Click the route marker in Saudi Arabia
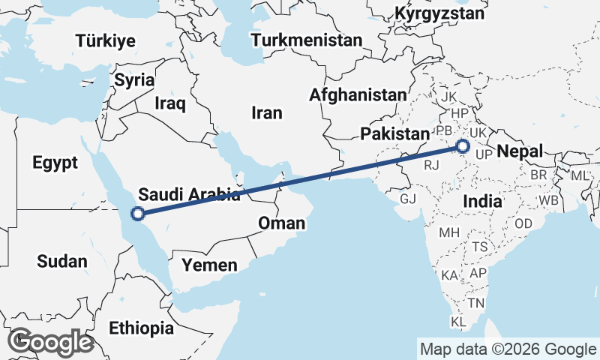click(x=138, y=214)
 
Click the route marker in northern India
click(x=463, y=146)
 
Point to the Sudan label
click(x=61, y=261)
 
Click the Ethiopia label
click(x=141, y=328)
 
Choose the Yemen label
click(x=211, y=265)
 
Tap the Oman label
click(x=281, y=223)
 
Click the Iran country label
click(x=267, y=113)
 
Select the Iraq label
click(x=169, y=103)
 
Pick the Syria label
click(x=135, y=80)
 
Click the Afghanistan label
click(x=358, y=95)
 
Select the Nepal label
click(x=519, y=151)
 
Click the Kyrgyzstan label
click(x=439, y=13)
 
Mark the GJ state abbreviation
click(x=408, y=199)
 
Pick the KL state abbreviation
click(x=459, y=322)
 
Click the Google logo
click(x=50, y=341)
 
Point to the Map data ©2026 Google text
click(x=508, y=349)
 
